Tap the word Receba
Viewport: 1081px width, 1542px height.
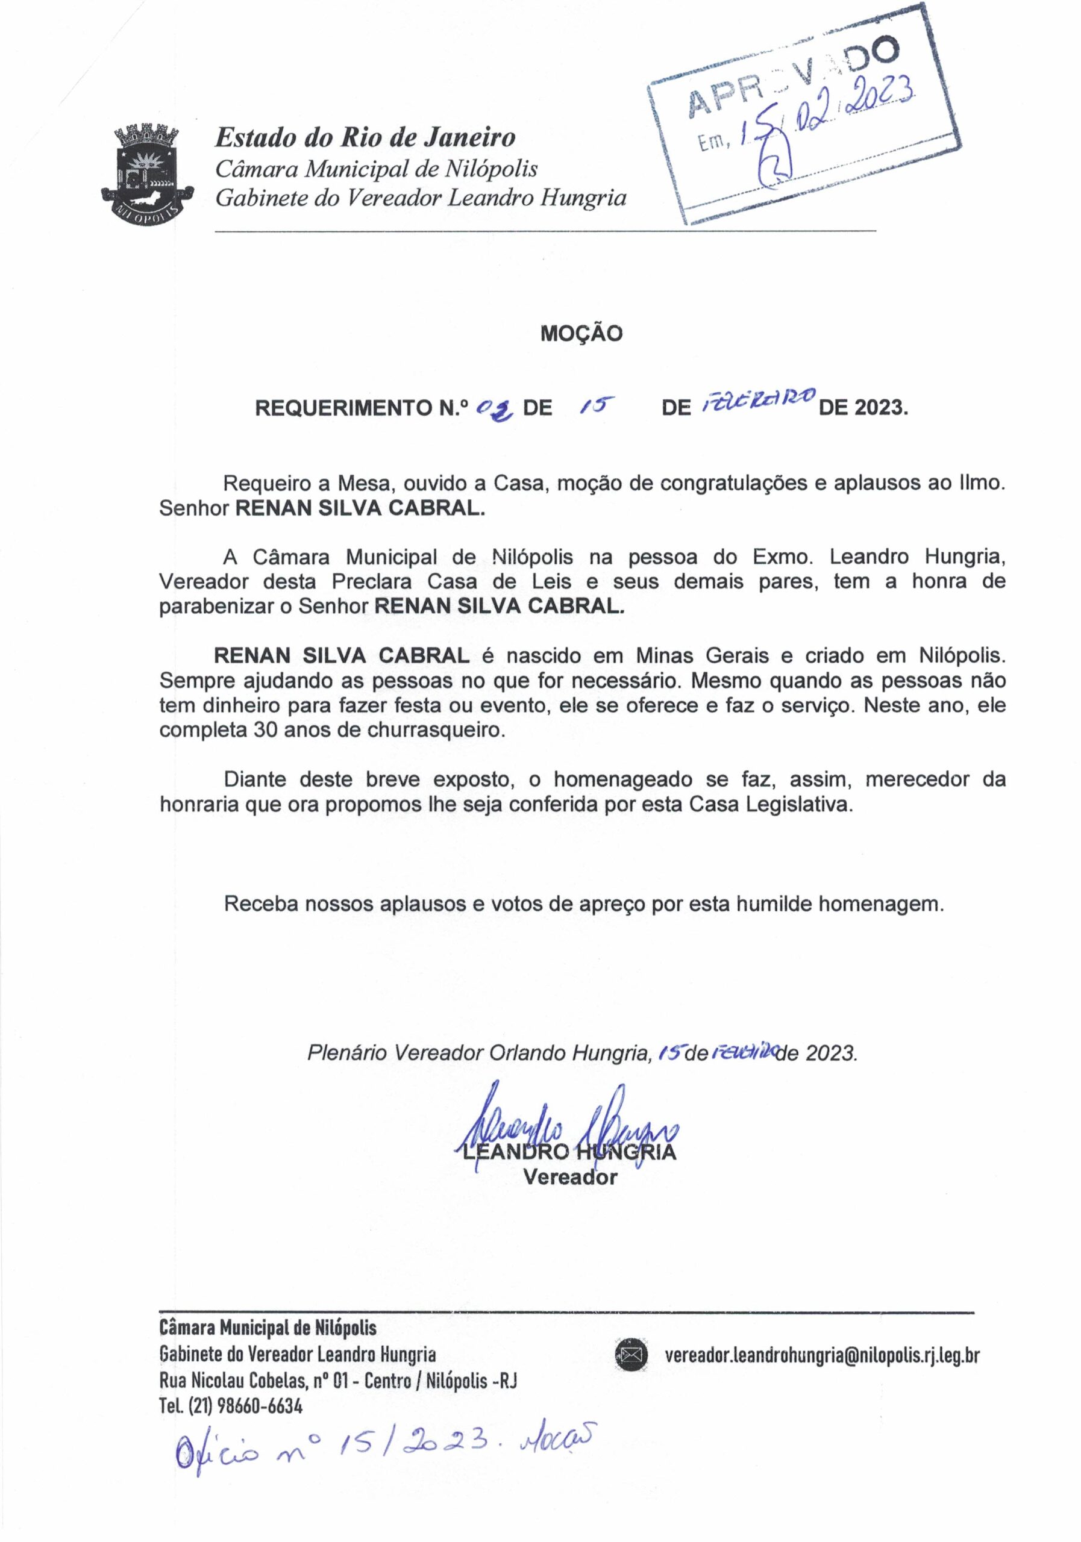point(261,904)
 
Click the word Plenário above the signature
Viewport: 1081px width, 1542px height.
point(347,1052)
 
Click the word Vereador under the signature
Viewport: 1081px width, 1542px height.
point(570,1178)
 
